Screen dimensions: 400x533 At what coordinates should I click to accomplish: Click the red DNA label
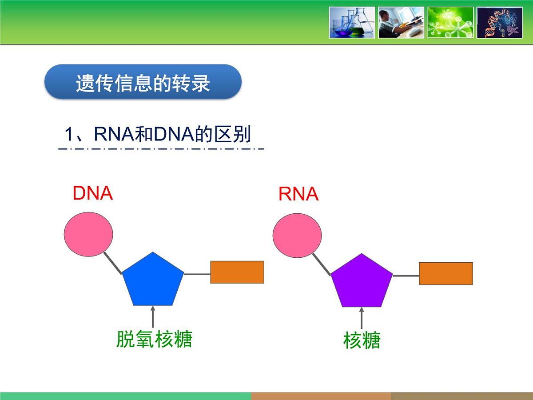tap(92, 193)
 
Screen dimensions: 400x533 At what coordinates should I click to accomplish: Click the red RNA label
tap(298, 194)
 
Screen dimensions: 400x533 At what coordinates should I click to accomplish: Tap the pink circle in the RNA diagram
tap(297, 234)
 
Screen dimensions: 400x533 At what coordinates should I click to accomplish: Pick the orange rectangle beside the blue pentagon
tap(237, 272)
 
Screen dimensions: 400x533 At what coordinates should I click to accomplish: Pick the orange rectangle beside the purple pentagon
tap(445, 273)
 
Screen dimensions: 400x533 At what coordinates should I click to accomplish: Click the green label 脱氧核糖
tap(154, 339)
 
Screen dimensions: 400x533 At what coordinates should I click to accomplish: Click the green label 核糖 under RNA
tap(362, 341)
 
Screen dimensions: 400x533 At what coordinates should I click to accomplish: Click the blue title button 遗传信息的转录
tap(143, 82)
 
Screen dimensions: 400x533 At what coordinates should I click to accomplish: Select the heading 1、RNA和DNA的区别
tap(158, 134)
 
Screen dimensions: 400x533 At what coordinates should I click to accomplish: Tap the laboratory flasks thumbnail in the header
tap(352, 22)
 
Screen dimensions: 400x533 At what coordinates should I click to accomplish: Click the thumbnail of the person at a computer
tap(401, 22)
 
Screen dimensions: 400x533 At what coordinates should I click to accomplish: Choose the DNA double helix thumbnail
tap(499, 22)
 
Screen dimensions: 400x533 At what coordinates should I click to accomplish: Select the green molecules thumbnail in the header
tap(450, 22)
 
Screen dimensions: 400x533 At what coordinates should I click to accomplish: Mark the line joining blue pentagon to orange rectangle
tap(197, 274)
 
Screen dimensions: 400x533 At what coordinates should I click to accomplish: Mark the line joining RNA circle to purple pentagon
tap(321, 264)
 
